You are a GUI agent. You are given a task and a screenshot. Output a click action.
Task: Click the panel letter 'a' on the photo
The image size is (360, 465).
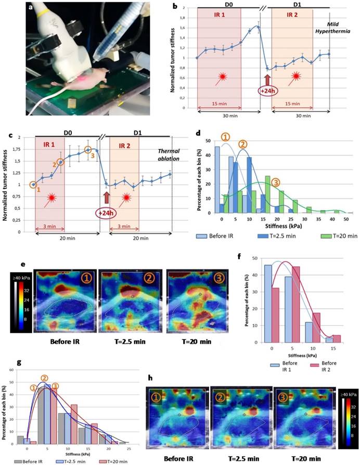32,8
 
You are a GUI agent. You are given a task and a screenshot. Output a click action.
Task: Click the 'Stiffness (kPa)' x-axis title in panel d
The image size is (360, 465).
276,227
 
